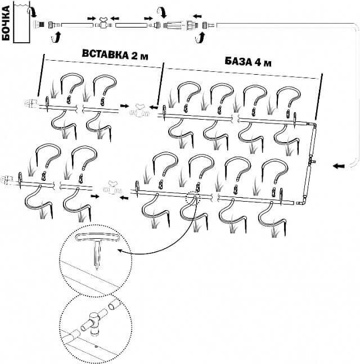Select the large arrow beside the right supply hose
click(339, 166)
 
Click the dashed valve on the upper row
click(138, 110)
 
